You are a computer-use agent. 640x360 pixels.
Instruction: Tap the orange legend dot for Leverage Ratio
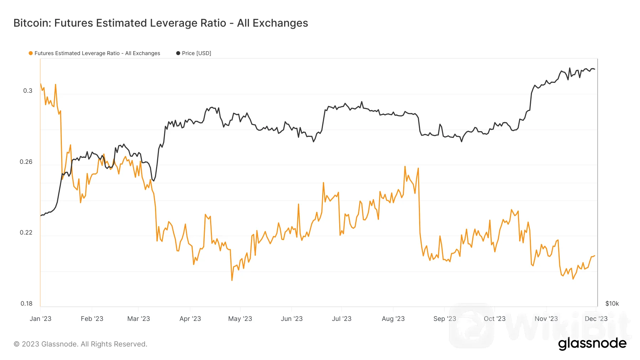pyautogui.click(x=31, y=53)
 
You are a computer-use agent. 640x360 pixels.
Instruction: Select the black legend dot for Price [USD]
pyautogui.click(x=178, y=53)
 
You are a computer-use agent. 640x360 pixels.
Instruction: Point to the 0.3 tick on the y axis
pyautogui.click(x=28, y=91)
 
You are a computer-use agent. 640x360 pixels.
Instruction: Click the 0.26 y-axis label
pyautogui.click(x=26, y=162)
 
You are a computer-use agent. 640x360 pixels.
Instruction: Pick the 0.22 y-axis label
pyautogui.click(x=26, y=232)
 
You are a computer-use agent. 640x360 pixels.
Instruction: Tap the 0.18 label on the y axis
pyautogui.click(x=26, y=303)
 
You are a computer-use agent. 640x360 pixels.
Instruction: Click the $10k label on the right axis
pyautogui.click(x=612, y=303)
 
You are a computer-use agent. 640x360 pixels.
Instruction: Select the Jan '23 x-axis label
pyautogui.click(x=41, y=319)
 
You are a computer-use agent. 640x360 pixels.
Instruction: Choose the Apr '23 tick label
pyautogui.click(x=190, y=319)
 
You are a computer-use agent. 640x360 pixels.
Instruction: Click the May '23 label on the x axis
pyautogui.click(x=240, y=319)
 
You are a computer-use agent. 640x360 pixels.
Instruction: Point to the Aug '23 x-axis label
pyautogui.click(x=393, y=319)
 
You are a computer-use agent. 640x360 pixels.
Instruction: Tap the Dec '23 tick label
pyautogui.click(x=596, y=319)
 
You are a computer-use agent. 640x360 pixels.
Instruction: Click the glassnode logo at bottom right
pyautogui.click(x=592, y=344)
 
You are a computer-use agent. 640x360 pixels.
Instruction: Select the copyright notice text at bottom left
pyautogui.click(x=80, y=344)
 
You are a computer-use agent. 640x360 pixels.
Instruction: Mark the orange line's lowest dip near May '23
pyautogui.click(x=232, y=280)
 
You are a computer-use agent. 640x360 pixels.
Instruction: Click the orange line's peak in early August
pyautogui.click(x=405, y=166)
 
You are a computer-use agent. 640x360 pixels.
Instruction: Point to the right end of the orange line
pyautogui.click(x=594, y=256)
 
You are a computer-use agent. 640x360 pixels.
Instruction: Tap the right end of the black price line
pyautogui.click(x=594, y=69)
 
